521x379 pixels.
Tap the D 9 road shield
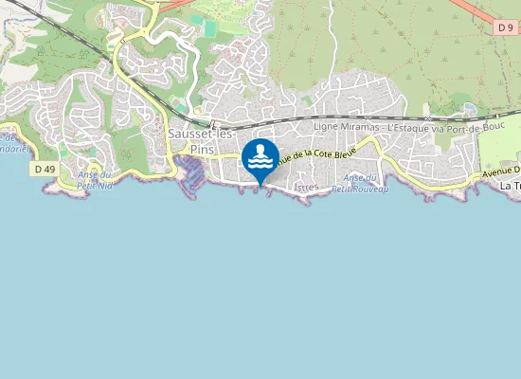505,28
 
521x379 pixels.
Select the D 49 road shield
44,169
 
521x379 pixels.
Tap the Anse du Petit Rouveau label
366,184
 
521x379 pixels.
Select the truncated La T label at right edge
510,187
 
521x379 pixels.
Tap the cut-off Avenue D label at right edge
501,171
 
